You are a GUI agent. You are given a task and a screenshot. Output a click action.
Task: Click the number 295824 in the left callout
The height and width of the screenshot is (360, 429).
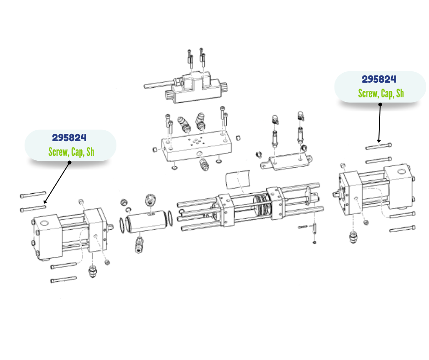69,138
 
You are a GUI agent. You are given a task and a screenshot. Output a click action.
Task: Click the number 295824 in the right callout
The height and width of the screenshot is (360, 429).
379,79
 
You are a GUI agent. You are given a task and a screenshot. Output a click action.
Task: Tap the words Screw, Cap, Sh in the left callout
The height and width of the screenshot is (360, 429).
71,152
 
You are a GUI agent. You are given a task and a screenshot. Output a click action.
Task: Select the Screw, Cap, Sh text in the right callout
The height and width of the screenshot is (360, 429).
381,94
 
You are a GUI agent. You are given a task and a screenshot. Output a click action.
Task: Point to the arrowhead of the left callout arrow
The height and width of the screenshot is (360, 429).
44,202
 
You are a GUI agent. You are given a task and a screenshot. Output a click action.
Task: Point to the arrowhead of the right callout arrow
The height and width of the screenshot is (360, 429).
378,141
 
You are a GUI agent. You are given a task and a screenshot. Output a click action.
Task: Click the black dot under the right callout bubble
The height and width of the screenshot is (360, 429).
380,104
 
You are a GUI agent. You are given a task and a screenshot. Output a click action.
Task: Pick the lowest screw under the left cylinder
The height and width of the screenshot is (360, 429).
63,280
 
